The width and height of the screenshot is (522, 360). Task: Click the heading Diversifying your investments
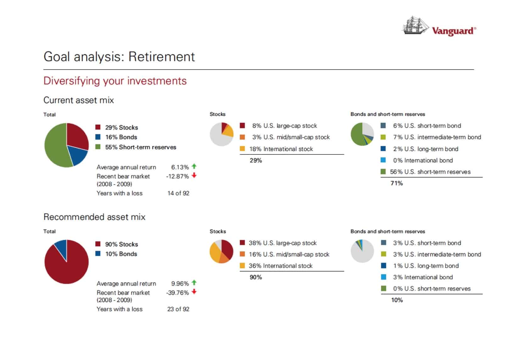115,81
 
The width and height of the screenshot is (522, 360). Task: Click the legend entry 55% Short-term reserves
140,147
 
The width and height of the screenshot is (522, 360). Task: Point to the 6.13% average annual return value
180,167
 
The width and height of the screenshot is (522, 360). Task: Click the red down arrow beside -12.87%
194,176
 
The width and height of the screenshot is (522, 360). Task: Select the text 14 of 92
178,193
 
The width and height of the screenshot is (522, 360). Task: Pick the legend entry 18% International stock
281,149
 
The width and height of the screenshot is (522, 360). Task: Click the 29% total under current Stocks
256,160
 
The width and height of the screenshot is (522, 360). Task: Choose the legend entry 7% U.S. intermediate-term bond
436,137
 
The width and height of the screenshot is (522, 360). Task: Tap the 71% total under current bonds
397,183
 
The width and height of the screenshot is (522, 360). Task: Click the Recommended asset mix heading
94,217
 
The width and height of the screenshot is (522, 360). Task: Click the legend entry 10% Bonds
121,254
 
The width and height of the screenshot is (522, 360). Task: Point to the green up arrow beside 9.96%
194,283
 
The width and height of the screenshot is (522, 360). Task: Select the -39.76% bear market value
177,293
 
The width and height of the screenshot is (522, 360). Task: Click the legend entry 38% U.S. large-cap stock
282,243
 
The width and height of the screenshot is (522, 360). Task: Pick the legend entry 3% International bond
423,277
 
